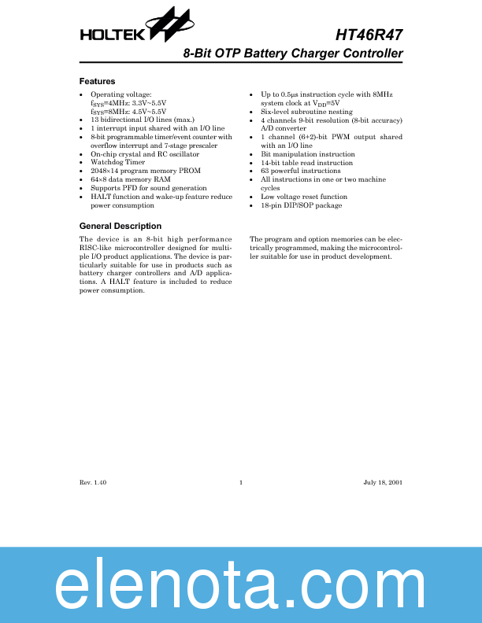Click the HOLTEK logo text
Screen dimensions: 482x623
(111, 35)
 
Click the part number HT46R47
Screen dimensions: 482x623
(369, 35)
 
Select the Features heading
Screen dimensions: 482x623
(97, 81)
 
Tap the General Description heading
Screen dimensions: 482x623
(120, 227)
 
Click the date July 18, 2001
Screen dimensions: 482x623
(383, 481)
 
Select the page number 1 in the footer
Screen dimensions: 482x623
(240, 481)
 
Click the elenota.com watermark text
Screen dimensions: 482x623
(241, 583)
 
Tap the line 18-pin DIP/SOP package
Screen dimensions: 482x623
(301, 205)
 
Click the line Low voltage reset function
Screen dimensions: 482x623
(303, 197)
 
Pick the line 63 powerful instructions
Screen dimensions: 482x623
(300, 171)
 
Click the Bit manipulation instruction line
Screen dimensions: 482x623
(307, 154)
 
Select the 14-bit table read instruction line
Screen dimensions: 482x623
(306, 163)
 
